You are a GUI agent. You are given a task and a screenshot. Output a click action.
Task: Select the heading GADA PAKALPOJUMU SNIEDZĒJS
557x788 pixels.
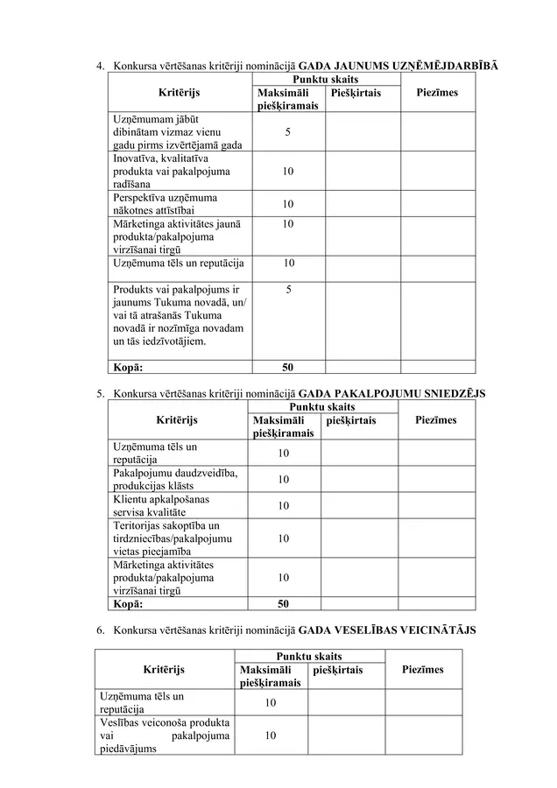[392, 394]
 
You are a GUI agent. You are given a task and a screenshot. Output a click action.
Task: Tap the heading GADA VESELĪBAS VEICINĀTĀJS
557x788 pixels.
[387, 630]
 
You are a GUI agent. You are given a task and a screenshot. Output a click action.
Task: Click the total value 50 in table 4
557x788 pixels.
[288, 369]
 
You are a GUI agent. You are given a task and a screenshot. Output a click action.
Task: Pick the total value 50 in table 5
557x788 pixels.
[283, 603]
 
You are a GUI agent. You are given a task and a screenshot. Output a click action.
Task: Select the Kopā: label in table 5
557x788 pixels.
[129, 603]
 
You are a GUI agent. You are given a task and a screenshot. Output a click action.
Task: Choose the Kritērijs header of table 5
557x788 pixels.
[177, 420]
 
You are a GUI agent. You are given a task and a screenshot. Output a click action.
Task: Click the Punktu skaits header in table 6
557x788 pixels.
[308, 656]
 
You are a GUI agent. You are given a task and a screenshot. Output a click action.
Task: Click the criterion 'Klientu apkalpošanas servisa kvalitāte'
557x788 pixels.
[161, 505]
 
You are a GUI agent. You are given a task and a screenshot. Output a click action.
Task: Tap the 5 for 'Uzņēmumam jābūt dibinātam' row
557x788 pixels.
[288, 132]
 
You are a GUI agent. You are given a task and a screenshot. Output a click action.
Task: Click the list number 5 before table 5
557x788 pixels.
[100, 394]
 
